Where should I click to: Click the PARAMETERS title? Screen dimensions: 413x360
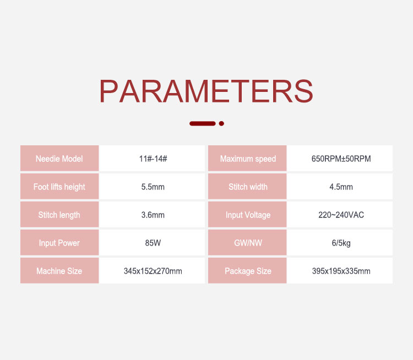point(206,91)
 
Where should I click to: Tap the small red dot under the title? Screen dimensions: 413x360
point(221,123)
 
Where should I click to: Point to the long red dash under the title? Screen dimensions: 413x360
point(203,123)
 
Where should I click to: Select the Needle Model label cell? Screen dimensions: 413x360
point(59,159)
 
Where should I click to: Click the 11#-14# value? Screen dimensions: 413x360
point(153,159)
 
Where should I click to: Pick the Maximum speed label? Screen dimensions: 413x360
point(248,159)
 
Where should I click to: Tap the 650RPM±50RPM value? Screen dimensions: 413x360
point(341,159)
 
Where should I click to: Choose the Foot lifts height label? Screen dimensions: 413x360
point(59,187)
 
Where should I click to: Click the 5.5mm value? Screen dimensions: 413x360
point(153,187)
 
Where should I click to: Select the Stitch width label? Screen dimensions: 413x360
point(248,187)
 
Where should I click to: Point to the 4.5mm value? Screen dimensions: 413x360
point(341,187)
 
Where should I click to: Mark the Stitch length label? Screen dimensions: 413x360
point(59,215)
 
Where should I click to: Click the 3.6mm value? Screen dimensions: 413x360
point(153,215)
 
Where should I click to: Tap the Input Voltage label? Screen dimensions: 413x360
point(248,215)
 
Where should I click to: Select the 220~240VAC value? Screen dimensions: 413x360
point(341,215)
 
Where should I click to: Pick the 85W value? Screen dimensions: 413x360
point(153,243)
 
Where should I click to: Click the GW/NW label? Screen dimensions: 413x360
point(248,243)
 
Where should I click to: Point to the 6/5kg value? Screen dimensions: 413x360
point(341,243)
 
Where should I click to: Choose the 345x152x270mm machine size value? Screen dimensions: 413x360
point(153,271)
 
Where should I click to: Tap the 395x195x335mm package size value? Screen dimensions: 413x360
point(341,271)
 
